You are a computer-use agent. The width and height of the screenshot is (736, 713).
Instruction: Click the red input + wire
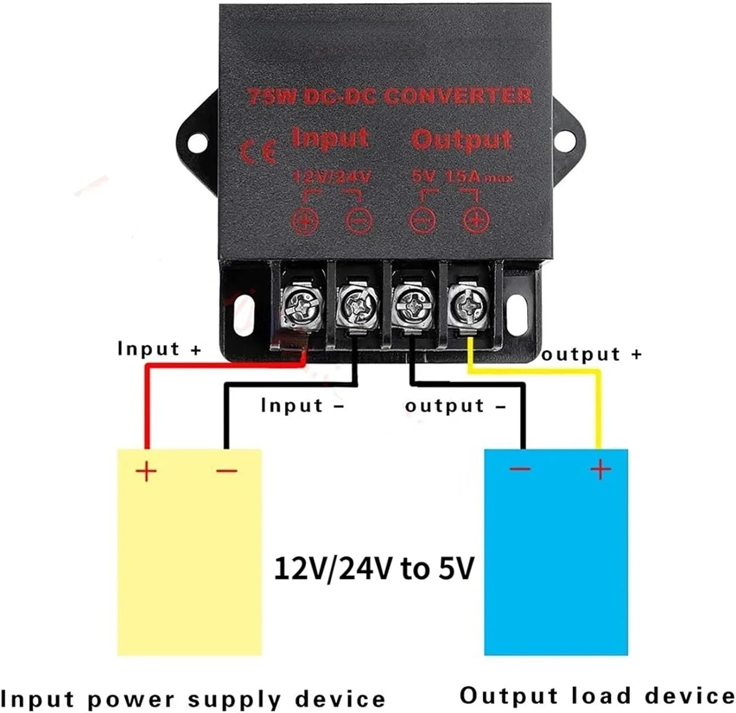pos(146,402)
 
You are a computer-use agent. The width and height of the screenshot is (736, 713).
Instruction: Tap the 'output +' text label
pos(591,354)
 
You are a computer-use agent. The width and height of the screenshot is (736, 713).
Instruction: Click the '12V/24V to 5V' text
pos(374,568)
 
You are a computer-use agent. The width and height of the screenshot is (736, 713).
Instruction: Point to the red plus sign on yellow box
pos(146,472)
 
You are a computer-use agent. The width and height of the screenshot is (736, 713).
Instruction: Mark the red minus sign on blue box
pos(520,469)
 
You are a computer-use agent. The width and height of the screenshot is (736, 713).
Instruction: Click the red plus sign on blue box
pos(601,470)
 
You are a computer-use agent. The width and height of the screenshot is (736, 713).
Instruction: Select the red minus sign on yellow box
pos(227,471)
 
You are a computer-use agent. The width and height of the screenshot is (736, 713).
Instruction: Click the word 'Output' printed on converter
pos(461,139)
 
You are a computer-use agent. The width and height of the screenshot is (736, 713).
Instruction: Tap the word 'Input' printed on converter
pos(330,138)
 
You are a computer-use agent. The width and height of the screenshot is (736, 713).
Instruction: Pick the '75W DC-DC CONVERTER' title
pos(389,96)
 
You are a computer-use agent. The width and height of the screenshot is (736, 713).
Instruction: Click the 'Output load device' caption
pos(596,696)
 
